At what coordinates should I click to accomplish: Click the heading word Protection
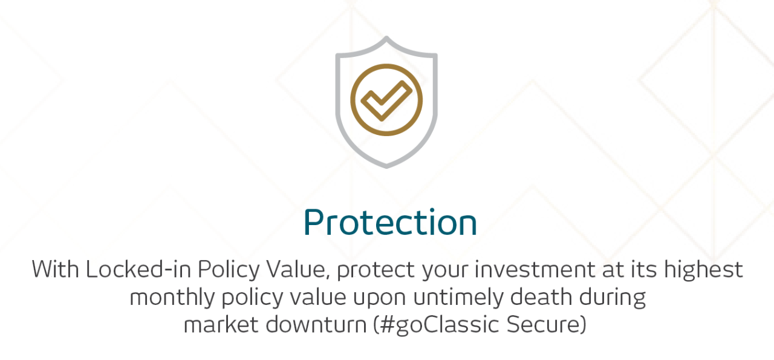click(390, 222)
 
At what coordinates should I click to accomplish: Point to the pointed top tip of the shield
click(386, 37)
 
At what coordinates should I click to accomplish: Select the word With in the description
click(55, 269)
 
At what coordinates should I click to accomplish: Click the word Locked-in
click(138, 269)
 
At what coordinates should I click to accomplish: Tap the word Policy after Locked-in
click(229, 270)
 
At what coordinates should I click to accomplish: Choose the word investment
click(535, 269)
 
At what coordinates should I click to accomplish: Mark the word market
click(221, 324)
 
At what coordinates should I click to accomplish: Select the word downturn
click(316, 324)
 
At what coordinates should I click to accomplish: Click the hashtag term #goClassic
click(437, 326)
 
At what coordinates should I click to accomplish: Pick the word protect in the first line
click(376, 270)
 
